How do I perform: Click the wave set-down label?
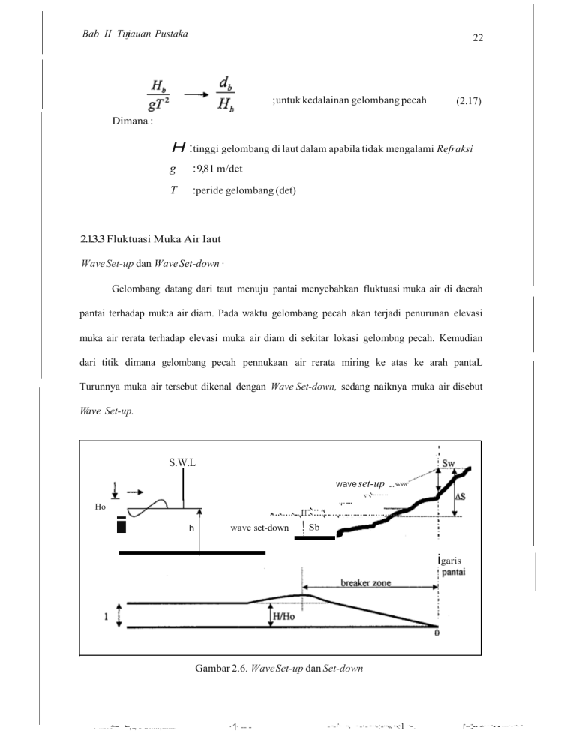[x=259, y=528]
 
